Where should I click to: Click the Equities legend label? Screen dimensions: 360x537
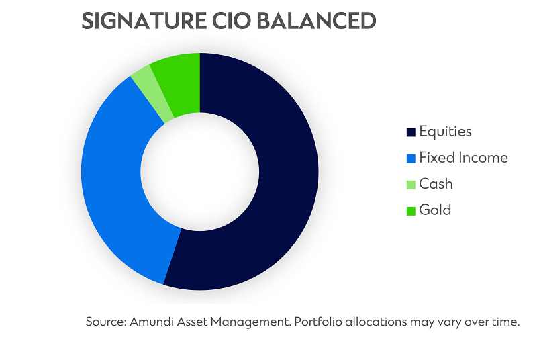[x=445, y=132]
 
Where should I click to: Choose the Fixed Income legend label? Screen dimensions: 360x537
[x=463, y=158]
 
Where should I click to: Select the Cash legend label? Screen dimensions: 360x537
[x=436, y=184]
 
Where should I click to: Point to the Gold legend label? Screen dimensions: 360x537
[x=435, y=210]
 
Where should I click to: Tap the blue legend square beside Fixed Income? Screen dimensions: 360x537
[x=411, y=159]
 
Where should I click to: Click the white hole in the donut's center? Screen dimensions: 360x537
[x=200, y=171]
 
